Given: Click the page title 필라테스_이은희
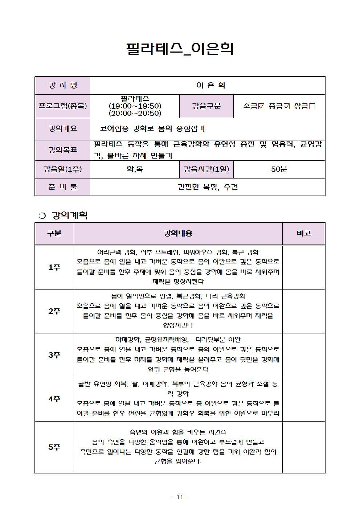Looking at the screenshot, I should (180, 49).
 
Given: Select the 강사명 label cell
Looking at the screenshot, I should (63, 86).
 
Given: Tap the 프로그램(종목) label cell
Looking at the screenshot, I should (63, 106).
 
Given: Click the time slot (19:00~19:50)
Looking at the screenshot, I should (135, 106).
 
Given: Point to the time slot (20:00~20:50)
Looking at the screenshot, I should (135, 113).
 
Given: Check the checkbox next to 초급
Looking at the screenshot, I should (261, 106).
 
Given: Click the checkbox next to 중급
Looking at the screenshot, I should (287, 106).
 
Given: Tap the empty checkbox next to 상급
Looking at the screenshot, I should (312, 106).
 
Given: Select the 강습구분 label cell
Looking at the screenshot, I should (206, 106).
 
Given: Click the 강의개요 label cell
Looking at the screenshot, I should (63, 128).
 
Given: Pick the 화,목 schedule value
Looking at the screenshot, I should (135, 169).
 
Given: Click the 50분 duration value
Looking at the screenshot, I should (279, 169).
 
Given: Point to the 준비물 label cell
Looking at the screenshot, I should (63, 187).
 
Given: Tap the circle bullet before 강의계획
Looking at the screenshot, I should (42, 215).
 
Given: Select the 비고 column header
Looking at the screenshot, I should (303, 233).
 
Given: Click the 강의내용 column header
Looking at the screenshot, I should (178, 233).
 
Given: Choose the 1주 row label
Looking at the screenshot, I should (54, 267).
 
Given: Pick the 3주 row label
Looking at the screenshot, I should (54, 355).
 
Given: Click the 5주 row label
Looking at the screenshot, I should (54, 447).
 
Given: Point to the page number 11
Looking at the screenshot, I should (180, 497).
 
